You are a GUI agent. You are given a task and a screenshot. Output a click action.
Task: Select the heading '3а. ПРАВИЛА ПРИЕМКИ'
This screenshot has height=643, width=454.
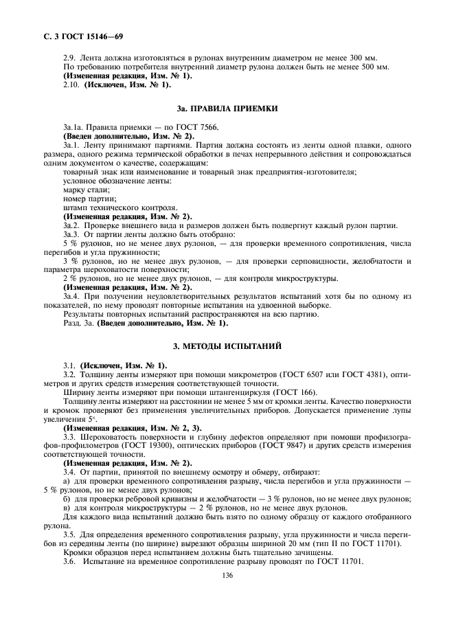(x=227, y=109)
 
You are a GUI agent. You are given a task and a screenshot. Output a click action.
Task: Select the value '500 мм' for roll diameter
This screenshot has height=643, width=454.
(x=374, y=67)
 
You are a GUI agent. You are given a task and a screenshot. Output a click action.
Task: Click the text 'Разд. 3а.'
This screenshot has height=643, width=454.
(x=78, y=323)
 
